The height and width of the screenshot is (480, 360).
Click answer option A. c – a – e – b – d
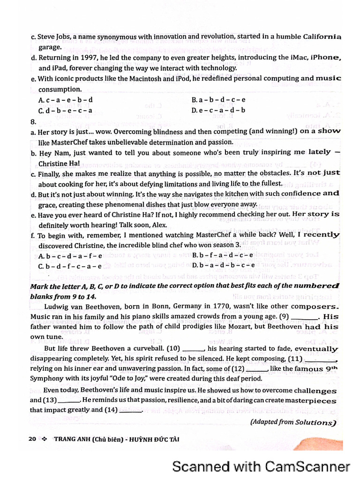(66, 100)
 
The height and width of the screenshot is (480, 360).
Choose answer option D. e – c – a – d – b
(218, 111)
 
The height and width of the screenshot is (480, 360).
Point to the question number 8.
(32, 121)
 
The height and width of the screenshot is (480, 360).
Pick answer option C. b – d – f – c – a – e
(70, 266)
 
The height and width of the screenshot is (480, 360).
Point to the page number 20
(32, 439)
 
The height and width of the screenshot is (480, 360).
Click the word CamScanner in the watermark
(307, 466)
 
